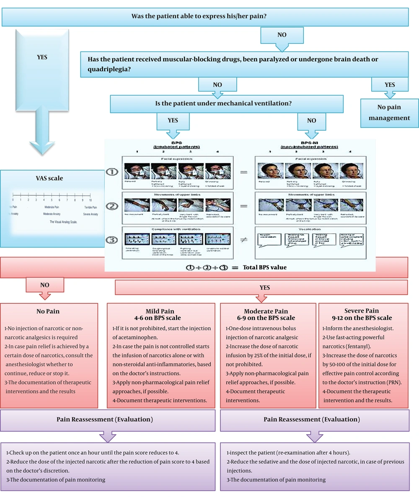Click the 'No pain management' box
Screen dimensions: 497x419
[x=389, y=113]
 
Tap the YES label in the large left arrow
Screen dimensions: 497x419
[x=42, y=57]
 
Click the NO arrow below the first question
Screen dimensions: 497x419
[x=282, y=35]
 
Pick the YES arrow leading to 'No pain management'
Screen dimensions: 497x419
[x=389, y=85]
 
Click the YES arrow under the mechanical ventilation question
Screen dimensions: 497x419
[x=173, y=121]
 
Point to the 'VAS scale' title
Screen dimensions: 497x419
[x=52, y=178]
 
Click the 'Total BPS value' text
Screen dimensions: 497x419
[x=265, y=267]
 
